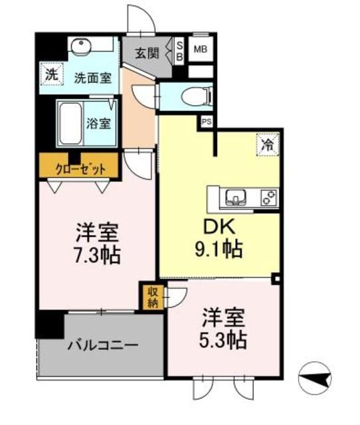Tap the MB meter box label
[x=199, y=48]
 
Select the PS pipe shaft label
[x=207, y=121]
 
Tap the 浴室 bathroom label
[x=99, y=123]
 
